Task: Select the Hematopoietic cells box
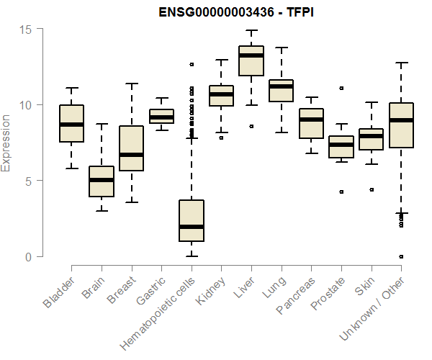[x=191, y=220]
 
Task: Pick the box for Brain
[x=102, y=181]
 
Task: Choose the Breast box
[x=131, y=148]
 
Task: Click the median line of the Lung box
[x=281, y=86]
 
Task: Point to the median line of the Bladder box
[x=71, y=124]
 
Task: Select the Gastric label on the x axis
[x=152, y=292]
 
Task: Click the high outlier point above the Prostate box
[x=341, y=89]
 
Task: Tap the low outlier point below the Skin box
[x=371, y=190]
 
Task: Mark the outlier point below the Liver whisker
[x=251, y=126]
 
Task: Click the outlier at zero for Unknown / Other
[x=401, y=256]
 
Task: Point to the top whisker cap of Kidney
[x=221, y=60]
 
